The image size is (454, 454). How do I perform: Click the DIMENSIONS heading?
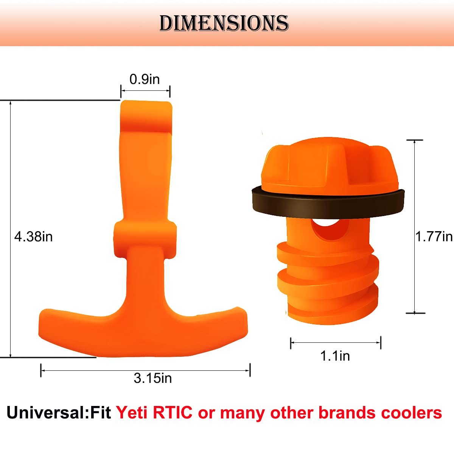point(224,23)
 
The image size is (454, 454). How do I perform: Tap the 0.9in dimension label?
point(145,79)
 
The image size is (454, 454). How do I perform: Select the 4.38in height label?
point(33,237)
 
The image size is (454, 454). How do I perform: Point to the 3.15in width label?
point(152,378)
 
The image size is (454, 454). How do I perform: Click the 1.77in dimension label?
point(434,237)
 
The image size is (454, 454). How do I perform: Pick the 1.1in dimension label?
point(335,356)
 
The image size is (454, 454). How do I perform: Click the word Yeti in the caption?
point(132,413)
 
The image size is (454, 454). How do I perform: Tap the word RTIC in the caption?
point(173,413)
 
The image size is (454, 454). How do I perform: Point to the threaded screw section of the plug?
point(328,284)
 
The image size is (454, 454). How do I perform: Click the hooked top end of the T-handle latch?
point(146,115)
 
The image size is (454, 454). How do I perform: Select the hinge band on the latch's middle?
point(145,238)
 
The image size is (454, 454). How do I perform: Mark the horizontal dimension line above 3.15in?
point(145,370)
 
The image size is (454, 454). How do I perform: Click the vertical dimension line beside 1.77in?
point(415,227)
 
